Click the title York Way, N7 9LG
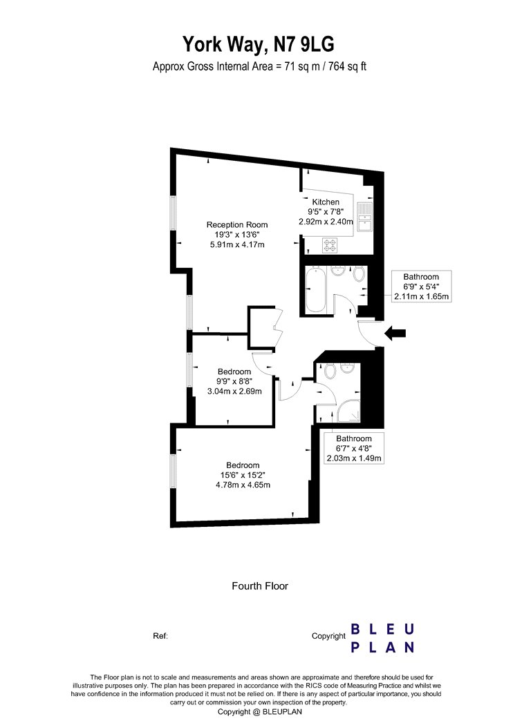pos(259,44)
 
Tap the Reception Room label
pos(237,224)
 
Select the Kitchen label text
pos(326,202)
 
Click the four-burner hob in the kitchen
pos(330,245)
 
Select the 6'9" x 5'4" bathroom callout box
pos(421,287)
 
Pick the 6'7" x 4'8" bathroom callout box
pos(354,449)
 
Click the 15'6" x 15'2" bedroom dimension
pos(243,475)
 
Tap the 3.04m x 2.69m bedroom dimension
pos(234,391)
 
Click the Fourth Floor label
pos(260,586)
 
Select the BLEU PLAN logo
pos(382,639)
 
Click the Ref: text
pos(160,636)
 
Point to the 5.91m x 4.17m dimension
pos(237,244)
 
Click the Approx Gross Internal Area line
pos(260,66)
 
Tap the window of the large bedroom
pos(173,470)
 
